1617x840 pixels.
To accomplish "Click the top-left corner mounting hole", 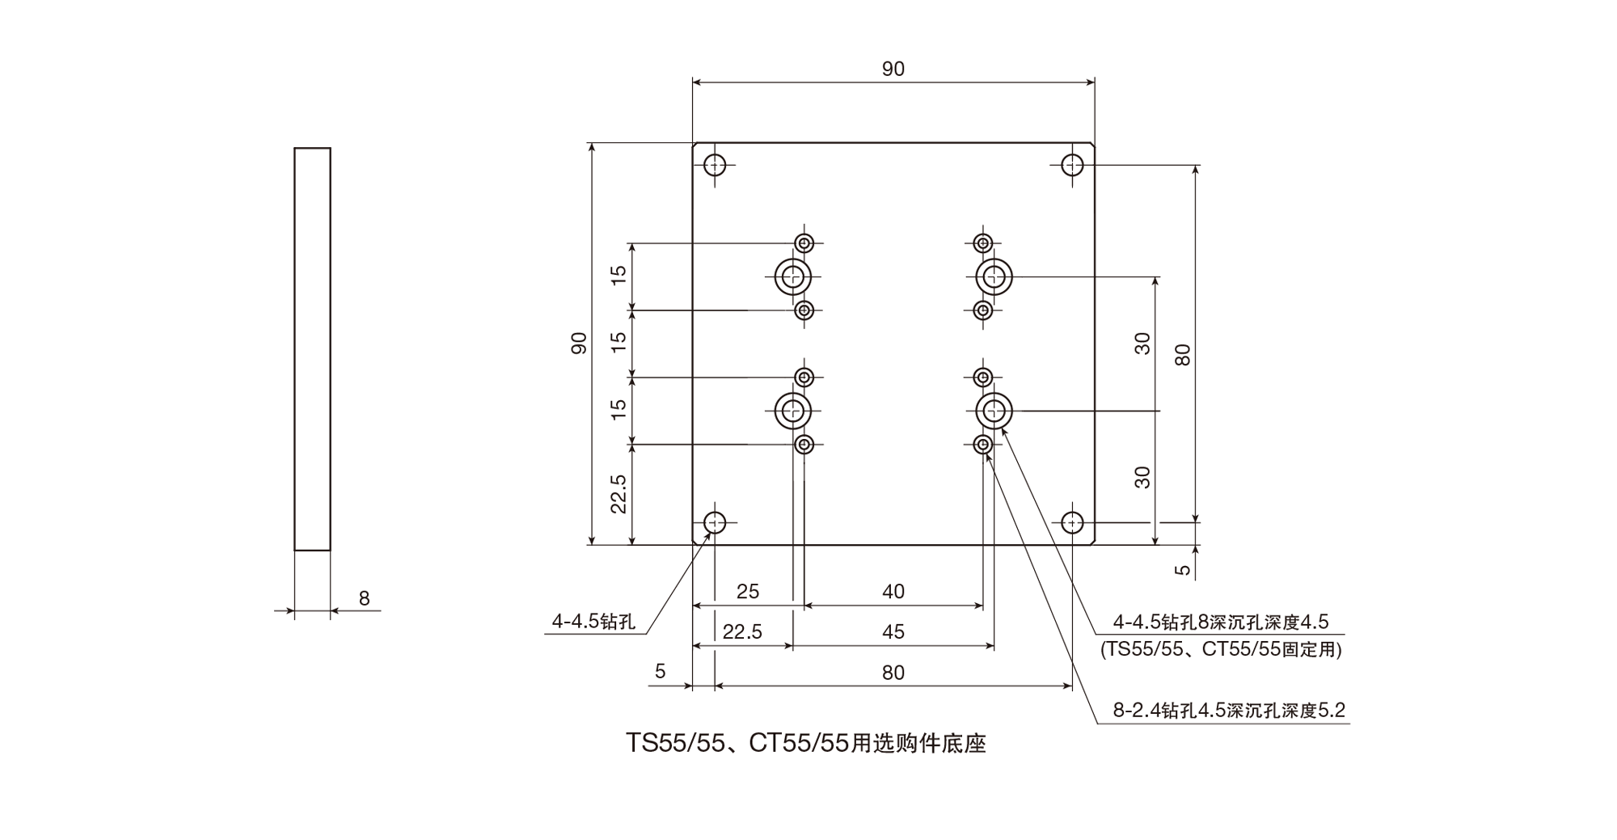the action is point(715,165).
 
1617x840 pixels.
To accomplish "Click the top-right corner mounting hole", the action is point(1072,165).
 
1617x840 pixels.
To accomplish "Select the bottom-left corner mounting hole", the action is point(715,522).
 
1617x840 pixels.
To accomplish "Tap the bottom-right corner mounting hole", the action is point(1072,522).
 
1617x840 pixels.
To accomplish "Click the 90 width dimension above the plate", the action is point(893,70).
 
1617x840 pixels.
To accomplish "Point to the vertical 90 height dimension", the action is point(579,344).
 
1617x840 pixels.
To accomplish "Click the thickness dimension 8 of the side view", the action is point(364,598).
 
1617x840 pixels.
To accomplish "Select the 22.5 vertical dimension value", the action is point(619,493).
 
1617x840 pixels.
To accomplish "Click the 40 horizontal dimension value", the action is point(893,592).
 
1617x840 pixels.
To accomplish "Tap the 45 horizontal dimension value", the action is point(893,632).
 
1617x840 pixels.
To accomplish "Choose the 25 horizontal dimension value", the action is point(748,592).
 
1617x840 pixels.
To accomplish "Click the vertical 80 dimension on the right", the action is point(1183,355).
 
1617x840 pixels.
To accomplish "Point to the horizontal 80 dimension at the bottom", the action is point(893,673).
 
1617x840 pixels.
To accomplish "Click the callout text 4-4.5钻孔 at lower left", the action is point(593,621).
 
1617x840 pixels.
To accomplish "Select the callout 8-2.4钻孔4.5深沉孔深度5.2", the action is point(1229,711).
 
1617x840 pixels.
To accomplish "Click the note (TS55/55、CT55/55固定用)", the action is point(1221,649).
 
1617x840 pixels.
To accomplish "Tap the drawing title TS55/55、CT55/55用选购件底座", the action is point(806,743).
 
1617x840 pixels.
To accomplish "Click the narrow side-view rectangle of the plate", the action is point(312,349).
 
